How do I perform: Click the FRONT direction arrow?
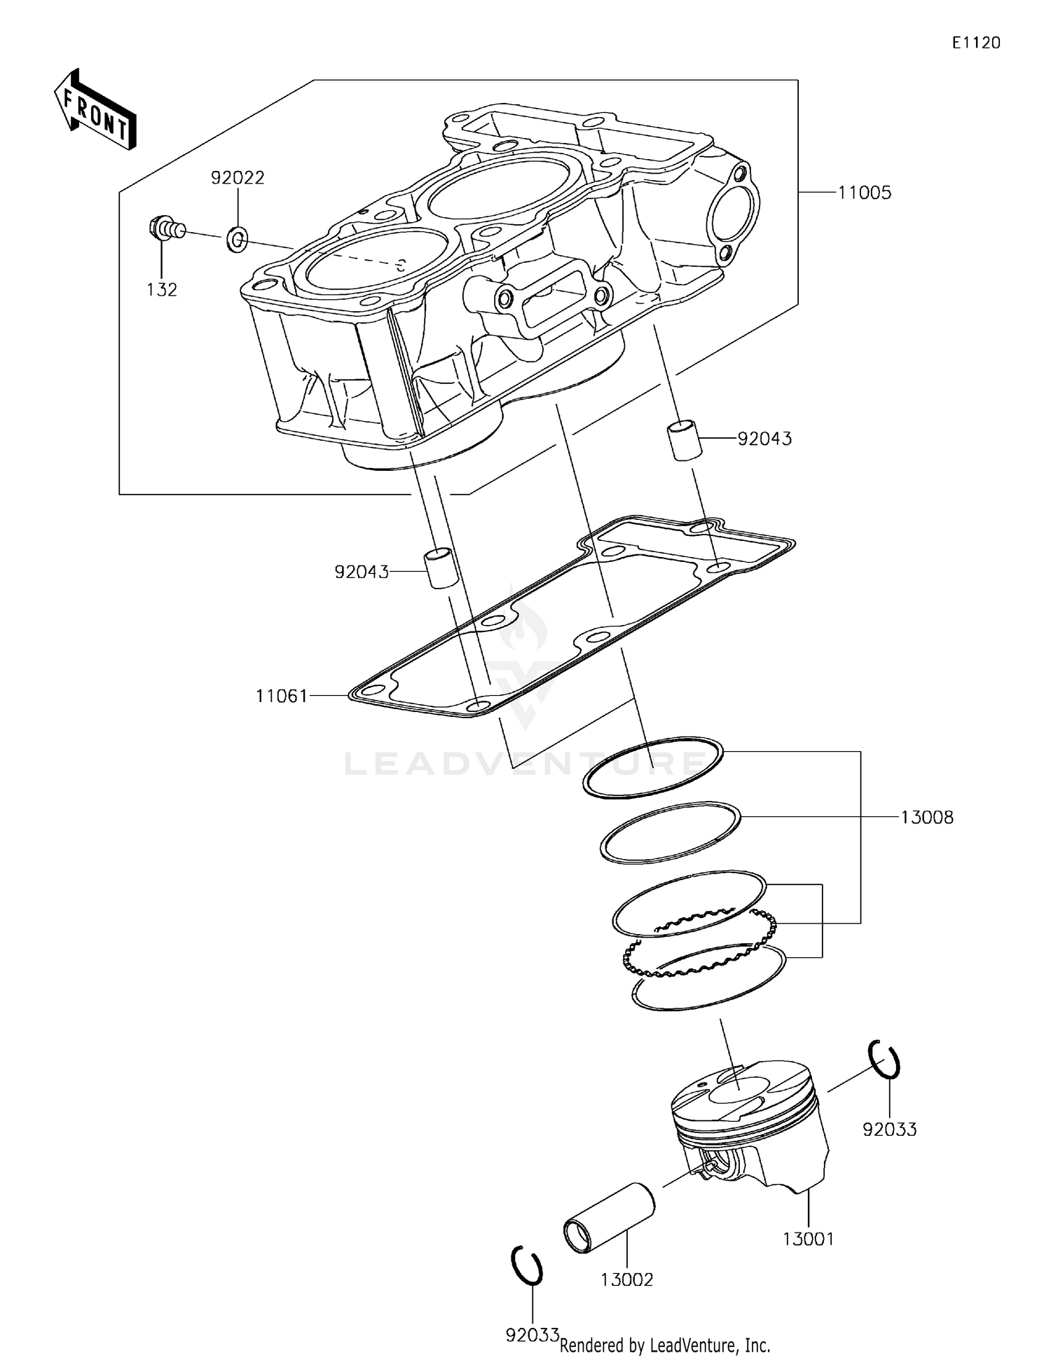click(x=95, y=110)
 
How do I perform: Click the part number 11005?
click(x=865, y=193)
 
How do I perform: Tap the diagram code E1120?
click(x=976, y=43)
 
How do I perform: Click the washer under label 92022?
click(x=237, y=240)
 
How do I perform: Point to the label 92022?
click(x=238, y=178)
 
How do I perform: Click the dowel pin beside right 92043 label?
click(x=683, y=439)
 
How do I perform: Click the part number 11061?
click(x=282, y=696)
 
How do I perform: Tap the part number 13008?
click(x=926, y=817)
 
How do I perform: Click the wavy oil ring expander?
click(x=701, y=944)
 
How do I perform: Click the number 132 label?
click(x=162, y=289)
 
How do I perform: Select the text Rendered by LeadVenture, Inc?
click(x=665, y=1345)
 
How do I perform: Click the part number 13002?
click(x=626, y=1280)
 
